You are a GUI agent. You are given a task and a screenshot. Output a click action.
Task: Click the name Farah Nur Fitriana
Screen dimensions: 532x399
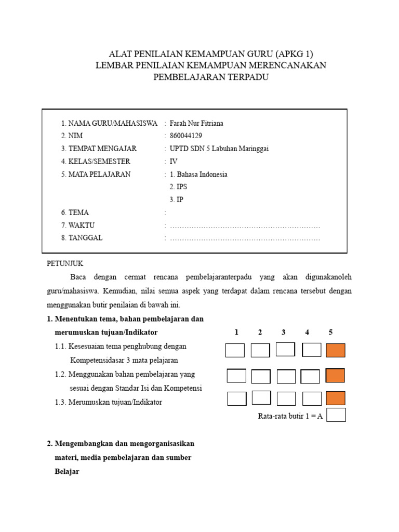click(196, 123)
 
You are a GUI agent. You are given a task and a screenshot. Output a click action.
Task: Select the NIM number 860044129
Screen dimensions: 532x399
click(186, 136)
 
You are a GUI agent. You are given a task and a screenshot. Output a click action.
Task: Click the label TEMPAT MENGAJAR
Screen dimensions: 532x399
click(103, 149)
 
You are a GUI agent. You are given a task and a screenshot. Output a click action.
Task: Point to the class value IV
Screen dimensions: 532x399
click(174, 162)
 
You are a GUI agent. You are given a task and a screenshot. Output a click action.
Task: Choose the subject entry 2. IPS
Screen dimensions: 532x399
click(178, 187)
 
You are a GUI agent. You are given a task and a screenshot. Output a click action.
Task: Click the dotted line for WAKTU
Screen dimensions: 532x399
click(245, 226)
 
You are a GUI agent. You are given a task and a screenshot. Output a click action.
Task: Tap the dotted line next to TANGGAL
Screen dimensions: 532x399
click(245, 238)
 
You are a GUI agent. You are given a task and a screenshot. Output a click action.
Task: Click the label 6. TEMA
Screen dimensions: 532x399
click(75, 212)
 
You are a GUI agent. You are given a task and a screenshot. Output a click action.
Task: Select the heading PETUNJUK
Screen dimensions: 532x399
click(65, 263)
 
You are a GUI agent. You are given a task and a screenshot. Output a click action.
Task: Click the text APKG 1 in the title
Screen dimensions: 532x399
click(295, 54)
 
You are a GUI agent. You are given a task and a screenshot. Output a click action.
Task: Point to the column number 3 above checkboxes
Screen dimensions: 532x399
click(284, 332)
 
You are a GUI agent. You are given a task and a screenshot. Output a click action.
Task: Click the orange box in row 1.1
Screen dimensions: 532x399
click(336, 351)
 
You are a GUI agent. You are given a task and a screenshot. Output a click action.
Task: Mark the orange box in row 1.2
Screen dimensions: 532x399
click(336, 376)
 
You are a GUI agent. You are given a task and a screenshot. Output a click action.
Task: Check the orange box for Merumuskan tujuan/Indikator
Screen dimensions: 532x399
click(336, 398)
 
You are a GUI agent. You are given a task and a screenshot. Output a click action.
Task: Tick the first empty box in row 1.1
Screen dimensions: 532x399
click(235, 351)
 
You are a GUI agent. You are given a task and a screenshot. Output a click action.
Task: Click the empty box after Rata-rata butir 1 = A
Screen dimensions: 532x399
click(336, 415)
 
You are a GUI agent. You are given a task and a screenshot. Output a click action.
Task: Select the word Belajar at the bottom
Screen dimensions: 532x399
click(66, 472)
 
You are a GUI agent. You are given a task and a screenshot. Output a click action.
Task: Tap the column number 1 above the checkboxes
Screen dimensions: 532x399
click(236, 332)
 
